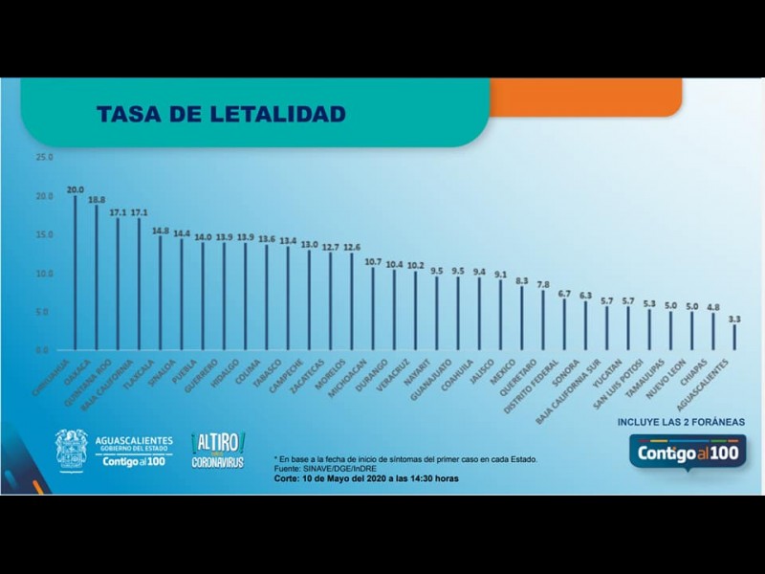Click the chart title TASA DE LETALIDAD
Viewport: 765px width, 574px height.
pyautogui.click(x=221, y=115)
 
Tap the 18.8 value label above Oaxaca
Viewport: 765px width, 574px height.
pyautogui.click(x=97, y=201)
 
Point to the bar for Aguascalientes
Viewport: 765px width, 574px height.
pyautogui.click(x=734, y=337)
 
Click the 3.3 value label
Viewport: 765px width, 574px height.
pyautogui.click(x=734, y=319)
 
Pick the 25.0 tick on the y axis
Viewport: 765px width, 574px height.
pyautogui.click(x=45, y=157)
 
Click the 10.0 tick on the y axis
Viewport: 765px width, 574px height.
pyautogui.click(x=45, y=274)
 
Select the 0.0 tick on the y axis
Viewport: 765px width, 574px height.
pyautogui.click(x=45, y=351)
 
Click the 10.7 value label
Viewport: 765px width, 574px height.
pyautogui.click(x=373, y=261)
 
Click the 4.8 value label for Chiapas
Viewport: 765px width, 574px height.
pyautogui.click(x=713, y=307)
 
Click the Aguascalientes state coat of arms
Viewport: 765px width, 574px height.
pyautogui.click(x=71, y=450)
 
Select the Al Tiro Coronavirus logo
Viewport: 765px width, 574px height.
pyautogui.click(x=219, y=450)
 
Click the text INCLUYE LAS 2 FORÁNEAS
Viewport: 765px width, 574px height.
pyautogui.click(x=681, y=421)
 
